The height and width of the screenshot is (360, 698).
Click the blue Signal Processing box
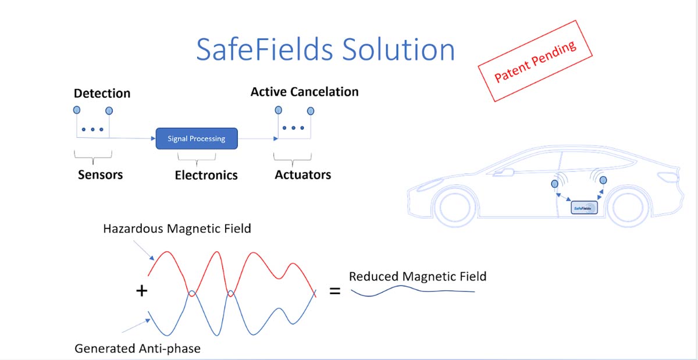tap(197, 138)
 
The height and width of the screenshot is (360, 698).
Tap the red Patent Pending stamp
tap(535, 61)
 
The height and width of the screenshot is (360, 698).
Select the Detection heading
tap(102, 93)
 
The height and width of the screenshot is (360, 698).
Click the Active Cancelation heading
tap(304, 92)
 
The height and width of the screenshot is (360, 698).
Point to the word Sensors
tap(100, 174)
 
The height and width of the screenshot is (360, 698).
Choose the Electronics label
tap(206, 175)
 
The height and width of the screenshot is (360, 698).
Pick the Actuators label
tap(303, 174)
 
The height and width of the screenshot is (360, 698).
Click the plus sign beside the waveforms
tap(142, 291)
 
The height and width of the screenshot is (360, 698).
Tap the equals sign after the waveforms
tap(335, 291)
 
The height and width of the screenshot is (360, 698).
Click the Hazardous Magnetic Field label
tap(177, 229)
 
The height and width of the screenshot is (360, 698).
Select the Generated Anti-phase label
tap(137, 348)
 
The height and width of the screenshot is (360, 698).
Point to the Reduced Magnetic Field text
tap(418, 276)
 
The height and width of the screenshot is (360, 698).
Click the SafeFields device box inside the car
tap(584, 208)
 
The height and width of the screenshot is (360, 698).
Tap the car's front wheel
tap(455, 207)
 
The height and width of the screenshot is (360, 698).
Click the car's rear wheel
tap(628, 208)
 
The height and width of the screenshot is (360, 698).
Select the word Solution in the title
tap(398, 50)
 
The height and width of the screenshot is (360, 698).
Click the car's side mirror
tap(504, 172)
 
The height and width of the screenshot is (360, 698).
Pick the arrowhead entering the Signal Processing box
tap(153, 138)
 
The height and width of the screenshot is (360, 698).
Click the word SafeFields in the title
tap(265, 50)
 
